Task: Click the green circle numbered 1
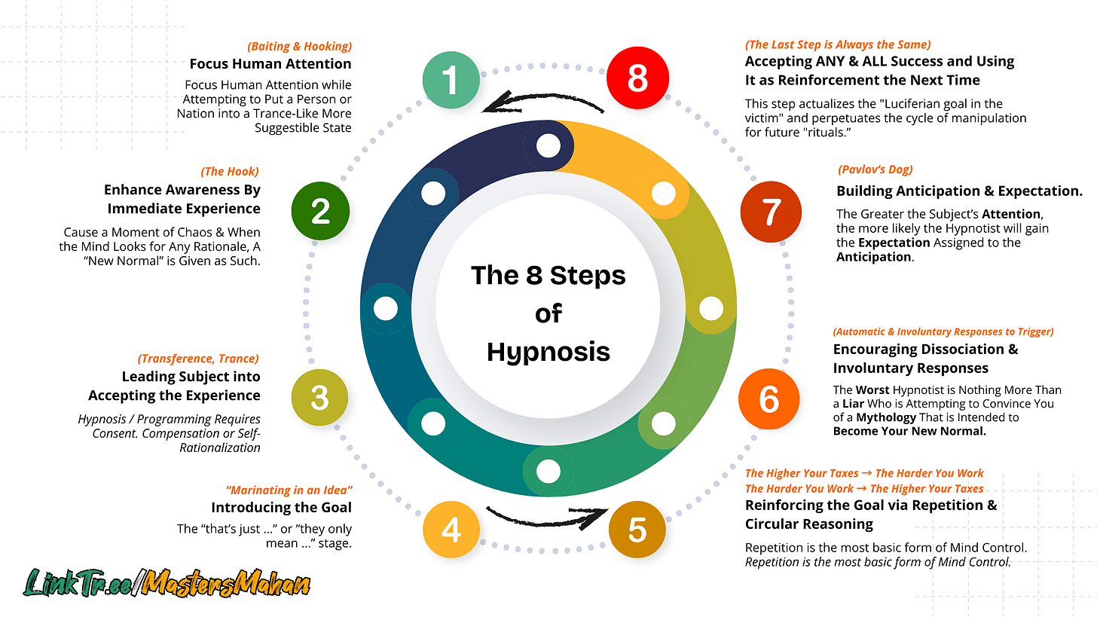pyautogui.click(x=451, y=80)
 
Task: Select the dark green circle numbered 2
pyautogui.click(x=320, y=212)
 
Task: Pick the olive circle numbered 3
pyautogui.click(x=319, y=398)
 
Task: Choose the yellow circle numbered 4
pyautogui.click(x=451, y=530)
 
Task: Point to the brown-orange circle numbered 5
pyautogui.click(x=637, y=530)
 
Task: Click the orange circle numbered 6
pyautogui.click(x=769, y=399)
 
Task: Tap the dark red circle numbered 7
pyautogui.click(x=769, y=212)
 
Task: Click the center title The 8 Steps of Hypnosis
pyautogui.click(x=548, y=313)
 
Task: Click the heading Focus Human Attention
pyautogui.click(x=270, y=64)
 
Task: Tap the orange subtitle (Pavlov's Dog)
pyautogui.click(x=875, y=170)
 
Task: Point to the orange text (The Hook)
pyautogui.click(x=230, y=172)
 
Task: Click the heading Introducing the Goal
pyautogui.click(x=281, y=507)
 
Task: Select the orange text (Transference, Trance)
pyautogui.click(x=198, y=359)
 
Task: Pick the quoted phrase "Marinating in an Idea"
pyautogui.click(x=289, y=490)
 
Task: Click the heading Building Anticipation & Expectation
pyautogui.click(x=959, y=191)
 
